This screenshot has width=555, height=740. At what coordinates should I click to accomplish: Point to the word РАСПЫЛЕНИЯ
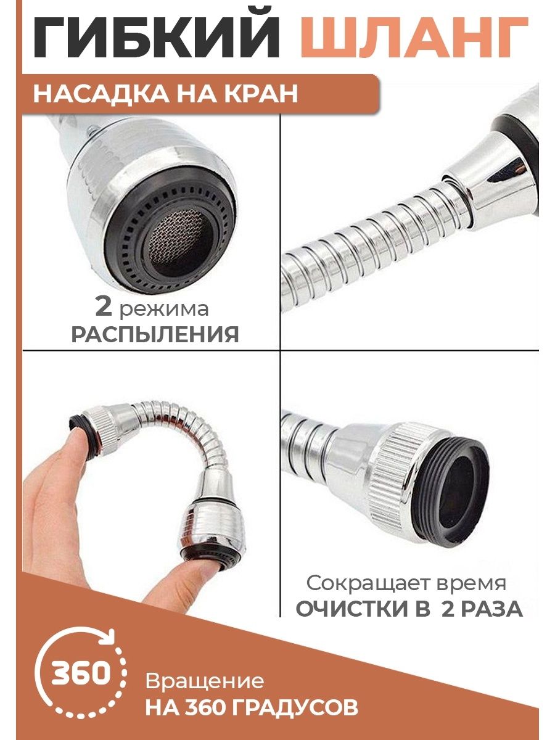(155, 334)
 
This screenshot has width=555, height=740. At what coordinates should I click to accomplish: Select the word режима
(164, 309)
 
